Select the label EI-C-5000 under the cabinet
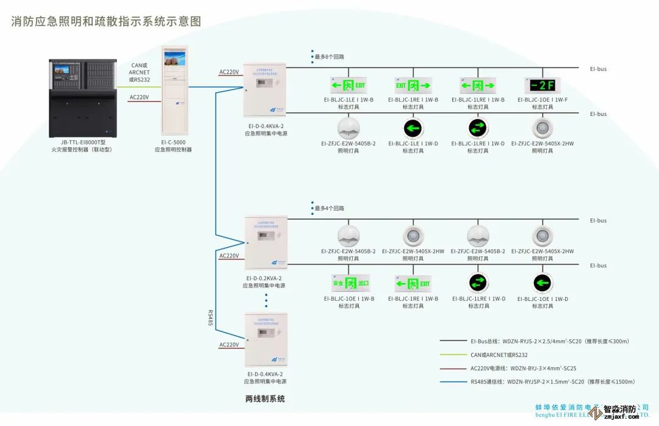(173, 142)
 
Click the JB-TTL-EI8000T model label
(82, 142)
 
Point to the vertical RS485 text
(210, 318)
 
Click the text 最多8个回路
(329, 57)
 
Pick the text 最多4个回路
(329, 208)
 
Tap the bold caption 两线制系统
(265, 399)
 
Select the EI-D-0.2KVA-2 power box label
(265, 278)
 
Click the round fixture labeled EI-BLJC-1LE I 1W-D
(413, 128)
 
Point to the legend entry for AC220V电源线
(523, 368)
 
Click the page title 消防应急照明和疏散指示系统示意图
(106, 21)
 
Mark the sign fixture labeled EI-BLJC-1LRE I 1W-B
(478, 85)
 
